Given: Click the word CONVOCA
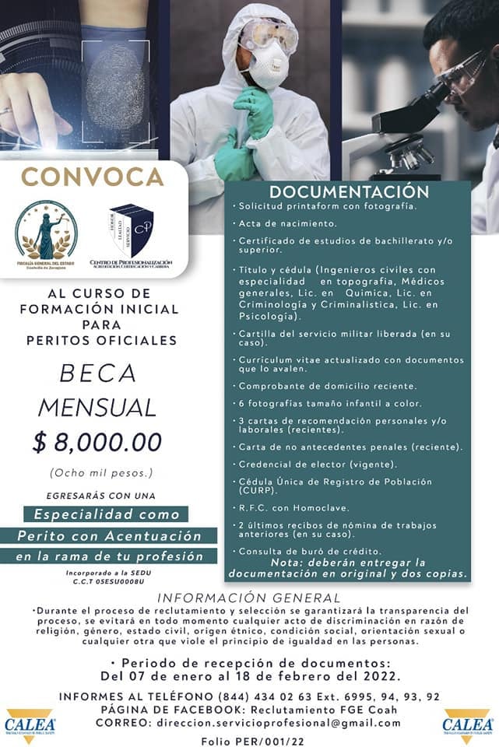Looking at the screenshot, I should tap(93, 176).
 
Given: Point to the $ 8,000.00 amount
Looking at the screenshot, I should tap(97, 442).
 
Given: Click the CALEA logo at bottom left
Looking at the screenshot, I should tap(29, 723).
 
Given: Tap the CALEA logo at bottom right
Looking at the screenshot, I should tap(467, 723).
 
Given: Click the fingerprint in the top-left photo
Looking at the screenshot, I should tap(114, 86).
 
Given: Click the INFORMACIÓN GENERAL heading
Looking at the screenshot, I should tap(248, 598).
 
